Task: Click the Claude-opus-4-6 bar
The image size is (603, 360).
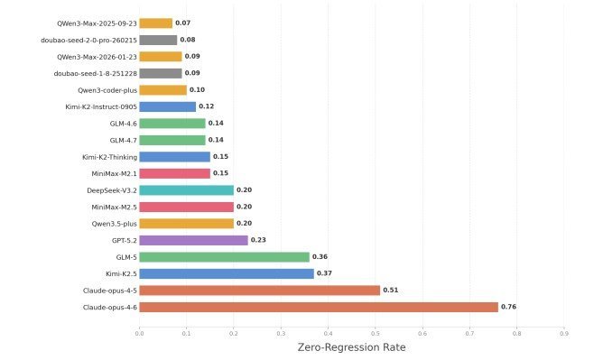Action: [x=319, y=307]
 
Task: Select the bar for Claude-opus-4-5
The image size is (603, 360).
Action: [x=260, y=291]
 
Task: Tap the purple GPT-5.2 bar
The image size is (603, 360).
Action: [x=193, y=240]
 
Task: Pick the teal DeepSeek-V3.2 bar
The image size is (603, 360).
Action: [x=187, y=190]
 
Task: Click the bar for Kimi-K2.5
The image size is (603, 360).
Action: [x=227, y=273]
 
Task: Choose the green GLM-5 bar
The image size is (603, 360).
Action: [x=224, y=257]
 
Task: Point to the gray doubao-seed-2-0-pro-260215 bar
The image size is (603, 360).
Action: [x=158, y=40]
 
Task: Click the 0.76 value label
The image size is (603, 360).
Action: [x=508, y=307]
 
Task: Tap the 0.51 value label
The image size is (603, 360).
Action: [x=390, y=290]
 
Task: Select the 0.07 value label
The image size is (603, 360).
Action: [x=182, y=23]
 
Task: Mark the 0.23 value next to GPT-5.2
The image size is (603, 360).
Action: [x=258, y=240]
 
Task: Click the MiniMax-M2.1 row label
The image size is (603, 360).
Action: [x=114, y=173]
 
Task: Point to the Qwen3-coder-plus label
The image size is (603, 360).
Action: [x=107, y=90]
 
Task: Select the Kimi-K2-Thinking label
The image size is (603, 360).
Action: [x=109, y=157]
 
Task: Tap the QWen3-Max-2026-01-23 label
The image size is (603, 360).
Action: [x=97, y=57]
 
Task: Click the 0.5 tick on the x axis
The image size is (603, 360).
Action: [x=376, y=334]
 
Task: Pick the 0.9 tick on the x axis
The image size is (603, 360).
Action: [x=564, y=334]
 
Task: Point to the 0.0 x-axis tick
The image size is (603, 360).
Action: [x=139, y=334]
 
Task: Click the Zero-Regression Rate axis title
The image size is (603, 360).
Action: [x=351, y=347]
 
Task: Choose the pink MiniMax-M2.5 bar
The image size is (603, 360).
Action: [x=187, y=208]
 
